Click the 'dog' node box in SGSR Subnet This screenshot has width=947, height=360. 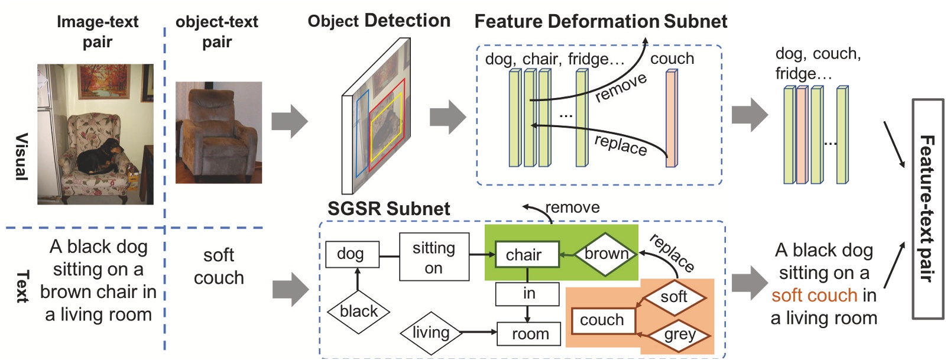(352, 254)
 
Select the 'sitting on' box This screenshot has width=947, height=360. (434, 257)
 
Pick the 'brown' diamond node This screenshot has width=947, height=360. (606, 254)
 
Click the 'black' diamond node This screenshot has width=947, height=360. (358, 312)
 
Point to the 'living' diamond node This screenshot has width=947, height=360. (431, 333)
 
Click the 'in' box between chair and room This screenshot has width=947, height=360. (527, 294)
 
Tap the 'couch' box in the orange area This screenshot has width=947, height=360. (602, 320)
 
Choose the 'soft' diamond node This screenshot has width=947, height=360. (674, 297)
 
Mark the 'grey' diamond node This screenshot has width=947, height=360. (679, 335)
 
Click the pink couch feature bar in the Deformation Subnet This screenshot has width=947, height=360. (672, 118)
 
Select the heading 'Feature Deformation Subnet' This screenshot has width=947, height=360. (600, 22)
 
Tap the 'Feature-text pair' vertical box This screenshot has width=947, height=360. (927, 208)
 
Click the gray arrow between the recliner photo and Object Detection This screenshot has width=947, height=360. (290, 121)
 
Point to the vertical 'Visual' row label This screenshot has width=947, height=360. (21, 157)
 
